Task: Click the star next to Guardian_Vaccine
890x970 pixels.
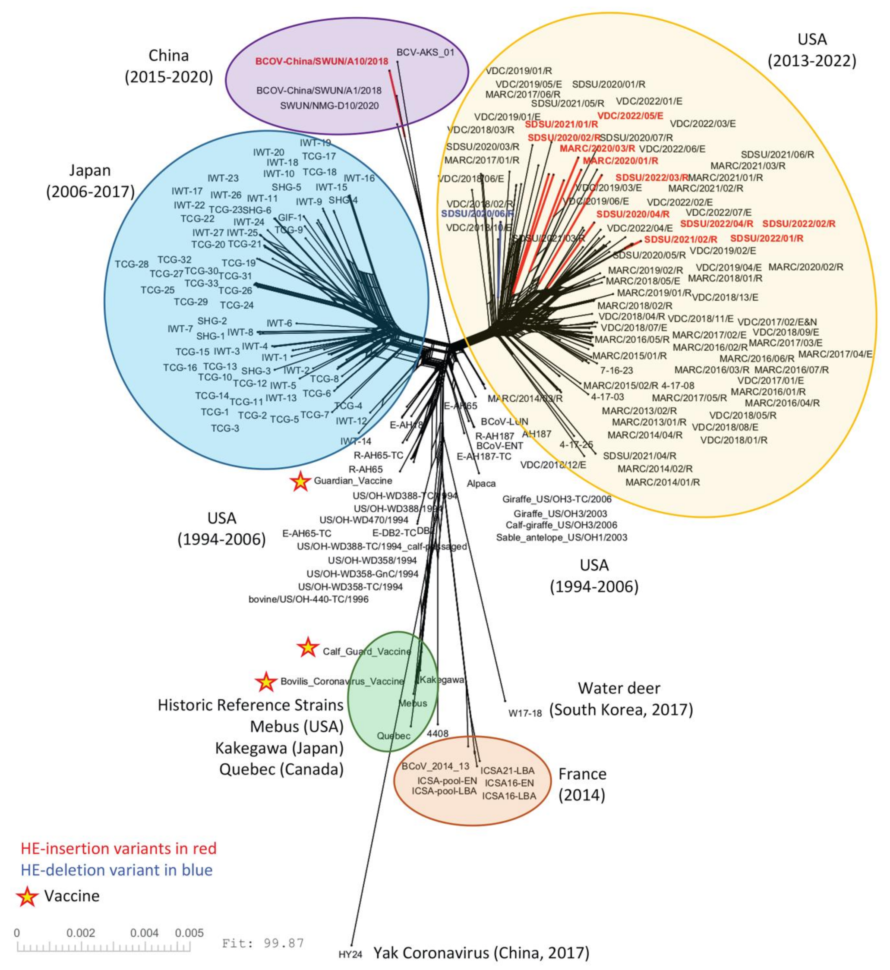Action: [300, 482]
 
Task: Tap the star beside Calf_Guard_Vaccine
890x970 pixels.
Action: [308, 648]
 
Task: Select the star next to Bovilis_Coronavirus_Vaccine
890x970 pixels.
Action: [266, 682]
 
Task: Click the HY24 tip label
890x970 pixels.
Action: [350, 954]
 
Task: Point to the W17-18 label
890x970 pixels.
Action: [525, 713]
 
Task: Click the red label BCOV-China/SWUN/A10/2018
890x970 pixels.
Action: [322, 62]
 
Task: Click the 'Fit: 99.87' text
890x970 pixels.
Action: [263, 942]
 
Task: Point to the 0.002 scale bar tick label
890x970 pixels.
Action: [80, 933]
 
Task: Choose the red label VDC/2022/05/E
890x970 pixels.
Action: [630, 116]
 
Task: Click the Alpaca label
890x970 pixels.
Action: [481, 483]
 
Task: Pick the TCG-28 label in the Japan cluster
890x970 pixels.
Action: [132, 264]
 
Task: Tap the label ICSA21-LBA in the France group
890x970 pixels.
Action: [509, 771]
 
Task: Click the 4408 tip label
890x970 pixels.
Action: [437, 734]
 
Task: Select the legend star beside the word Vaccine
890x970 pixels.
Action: [28, 896]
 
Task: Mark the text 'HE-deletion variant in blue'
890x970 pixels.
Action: [117, 870]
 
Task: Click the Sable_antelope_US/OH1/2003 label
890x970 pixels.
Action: [562, 537]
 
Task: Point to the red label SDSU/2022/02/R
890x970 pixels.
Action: [798, 224]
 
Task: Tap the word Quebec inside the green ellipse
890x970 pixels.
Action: [394, 736]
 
